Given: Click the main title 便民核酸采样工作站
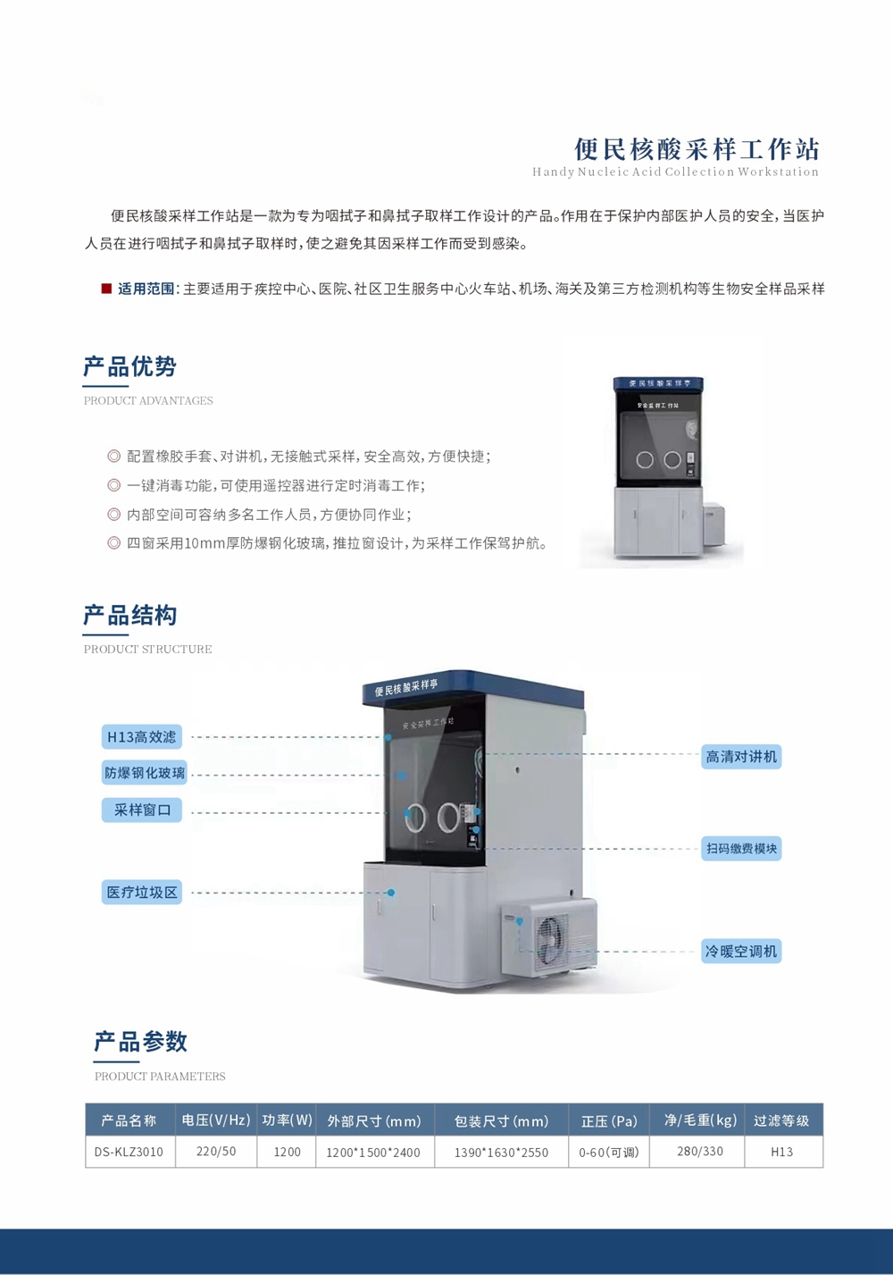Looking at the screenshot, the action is point(697,150).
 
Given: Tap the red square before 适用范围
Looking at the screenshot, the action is point(106,289).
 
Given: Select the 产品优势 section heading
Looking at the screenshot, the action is point(129,366).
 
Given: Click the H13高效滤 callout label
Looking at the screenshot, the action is point(142,737).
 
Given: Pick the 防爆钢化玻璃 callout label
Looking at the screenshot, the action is point(145,772).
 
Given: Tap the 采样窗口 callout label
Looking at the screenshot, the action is point(142,810).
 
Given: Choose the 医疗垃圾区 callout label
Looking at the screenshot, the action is point(142,892).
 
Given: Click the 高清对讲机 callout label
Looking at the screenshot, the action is point(741,757).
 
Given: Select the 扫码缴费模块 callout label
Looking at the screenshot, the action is point(741,849).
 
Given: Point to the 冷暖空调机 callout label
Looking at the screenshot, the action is point(741,952).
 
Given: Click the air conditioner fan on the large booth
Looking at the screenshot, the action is point(550,938).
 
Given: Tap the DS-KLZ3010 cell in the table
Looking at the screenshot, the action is point(129,1152).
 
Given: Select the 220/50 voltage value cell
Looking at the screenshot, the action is point(216,1152).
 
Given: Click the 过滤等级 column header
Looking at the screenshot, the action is point(781,1120).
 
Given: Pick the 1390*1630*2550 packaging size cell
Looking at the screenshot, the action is point(501,1153).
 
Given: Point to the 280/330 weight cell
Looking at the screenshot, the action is point(699,1152).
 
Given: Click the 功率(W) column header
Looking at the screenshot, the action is point(287,1120).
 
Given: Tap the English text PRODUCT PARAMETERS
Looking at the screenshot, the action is point(160,1077).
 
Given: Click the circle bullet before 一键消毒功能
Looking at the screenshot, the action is point(114,485).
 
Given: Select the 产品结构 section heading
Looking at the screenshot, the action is point(129,616).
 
